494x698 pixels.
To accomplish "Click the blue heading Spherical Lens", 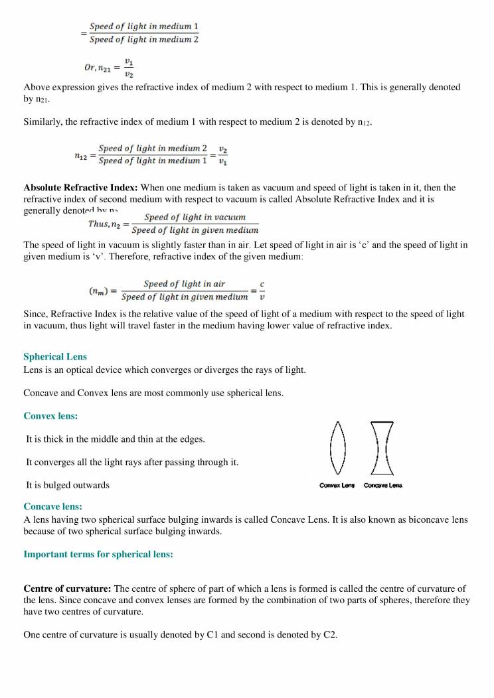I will [55, 356].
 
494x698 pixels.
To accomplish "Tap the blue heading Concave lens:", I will [53, 506].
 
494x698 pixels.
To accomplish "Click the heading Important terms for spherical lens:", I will [98, 554].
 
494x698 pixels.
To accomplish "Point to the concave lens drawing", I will [380, 449].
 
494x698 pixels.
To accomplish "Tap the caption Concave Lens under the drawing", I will [383, 486].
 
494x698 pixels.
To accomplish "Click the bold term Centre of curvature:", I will [68, 589].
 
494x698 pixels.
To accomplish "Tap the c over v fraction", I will [262, 291].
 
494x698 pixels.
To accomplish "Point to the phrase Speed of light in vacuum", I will [195, 217].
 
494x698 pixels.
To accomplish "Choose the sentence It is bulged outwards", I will [67, 484].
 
